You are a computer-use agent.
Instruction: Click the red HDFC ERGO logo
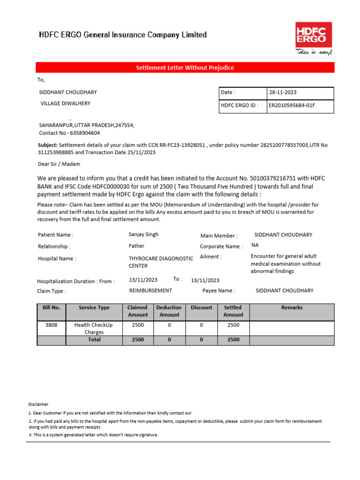314,35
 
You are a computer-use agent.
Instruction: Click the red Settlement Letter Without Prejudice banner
185,68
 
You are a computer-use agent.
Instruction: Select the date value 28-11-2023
282,93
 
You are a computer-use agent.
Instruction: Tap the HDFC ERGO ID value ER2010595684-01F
292,105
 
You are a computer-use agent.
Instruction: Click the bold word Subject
47,145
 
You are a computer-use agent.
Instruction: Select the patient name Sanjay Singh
143,234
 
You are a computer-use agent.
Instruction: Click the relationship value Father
136,246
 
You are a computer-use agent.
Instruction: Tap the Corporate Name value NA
255,245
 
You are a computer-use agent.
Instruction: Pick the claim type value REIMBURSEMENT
150,291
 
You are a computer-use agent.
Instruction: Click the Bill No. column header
52,308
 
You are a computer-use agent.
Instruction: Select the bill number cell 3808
52,325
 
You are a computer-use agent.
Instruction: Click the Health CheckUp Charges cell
94,329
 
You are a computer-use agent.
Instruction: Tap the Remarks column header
292,308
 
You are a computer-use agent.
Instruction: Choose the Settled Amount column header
233,311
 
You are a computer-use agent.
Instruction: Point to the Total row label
94,339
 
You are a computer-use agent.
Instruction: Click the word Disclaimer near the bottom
38,404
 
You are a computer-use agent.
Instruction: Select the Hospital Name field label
57,258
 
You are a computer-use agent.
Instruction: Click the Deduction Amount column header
169,311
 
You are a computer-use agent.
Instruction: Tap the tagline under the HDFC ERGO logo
313,52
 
